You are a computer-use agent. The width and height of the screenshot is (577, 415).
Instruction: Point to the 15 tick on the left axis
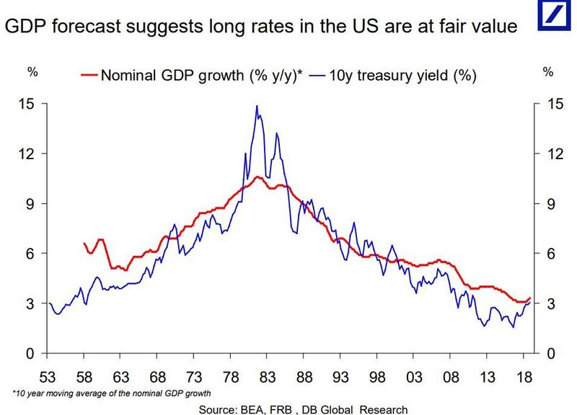click(25, 104)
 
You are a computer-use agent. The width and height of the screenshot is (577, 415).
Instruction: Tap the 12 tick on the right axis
click(550, 154)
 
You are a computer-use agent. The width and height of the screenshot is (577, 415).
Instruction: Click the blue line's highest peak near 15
click(256, 107)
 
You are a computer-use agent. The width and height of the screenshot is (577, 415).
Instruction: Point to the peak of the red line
click(256, 177)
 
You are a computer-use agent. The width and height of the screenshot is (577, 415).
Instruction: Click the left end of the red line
click(84, 244)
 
